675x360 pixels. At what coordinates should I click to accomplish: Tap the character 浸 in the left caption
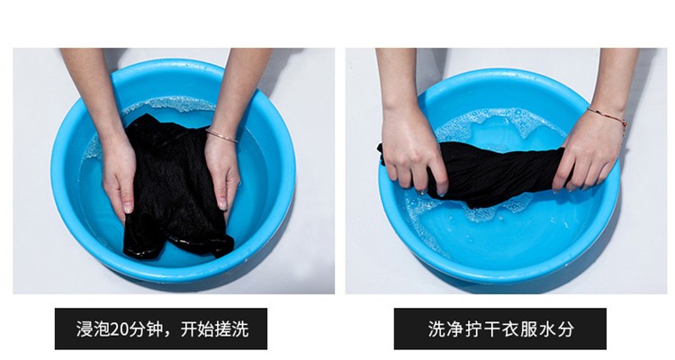click(85, 329)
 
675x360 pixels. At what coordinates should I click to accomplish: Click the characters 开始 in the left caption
click(197, 329)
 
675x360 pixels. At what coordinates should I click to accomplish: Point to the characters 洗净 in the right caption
click(445, 329)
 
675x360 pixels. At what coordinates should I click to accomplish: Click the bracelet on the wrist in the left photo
click(220, 135)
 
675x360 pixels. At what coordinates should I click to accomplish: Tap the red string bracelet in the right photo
click(607, 115)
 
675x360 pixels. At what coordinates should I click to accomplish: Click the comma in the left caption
click(171, 335)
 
